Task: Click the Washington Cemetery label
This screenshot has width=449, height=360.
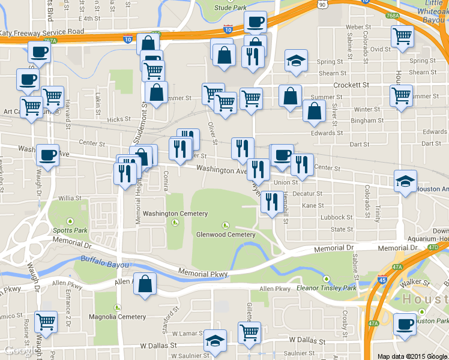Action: (x=175, y=214)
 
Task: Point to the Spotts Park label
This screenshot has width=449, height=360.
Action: (x=70, y=230)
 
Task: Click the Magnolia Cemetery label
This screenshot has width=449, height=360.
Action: (x=117, y=317)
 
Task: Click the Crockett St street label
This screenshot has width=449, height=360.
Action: (x=351, y=85)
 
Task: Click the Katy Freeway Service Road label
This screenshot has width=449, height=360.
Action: (x=50, y=31)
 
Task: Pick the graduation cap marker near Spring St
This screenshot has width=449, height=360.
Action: (x=295, y=60)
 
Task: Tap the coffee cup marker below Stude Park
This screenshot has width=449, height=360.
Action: (x=255, y=22)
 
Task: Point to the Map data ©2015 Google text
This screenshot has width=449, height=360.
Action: (x=412, y=356)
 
